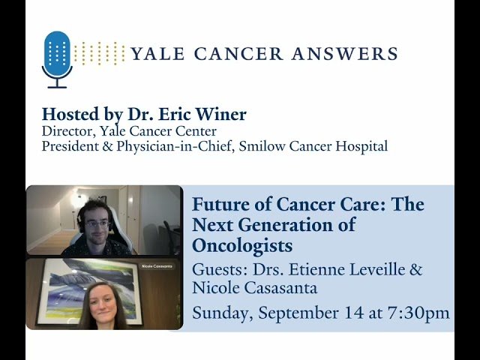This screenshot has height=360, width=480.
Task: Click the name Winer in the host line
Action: coord(221,115)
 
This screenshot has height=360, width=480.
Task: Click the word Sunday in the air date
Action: coord(220,313)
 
